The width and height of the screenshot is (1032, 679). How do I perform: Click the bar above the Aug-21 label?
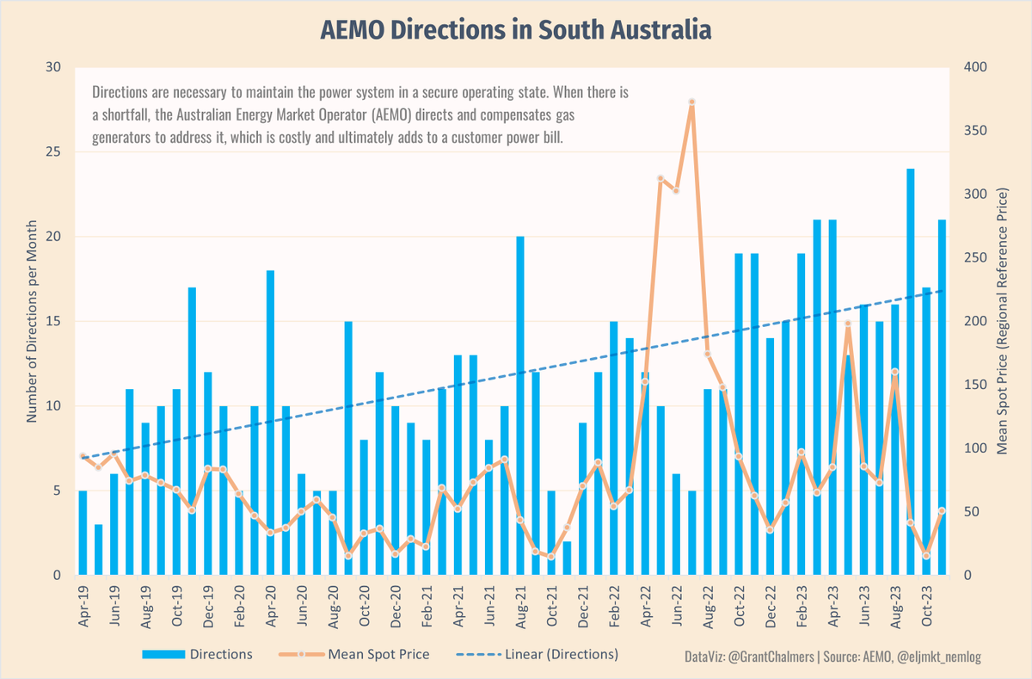coord(520,404)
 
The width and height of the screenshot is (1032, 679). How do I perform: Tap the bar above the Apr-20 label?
coord(270,422)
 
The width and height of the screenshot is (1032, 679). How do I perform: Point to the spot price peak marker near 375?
coord(691,102)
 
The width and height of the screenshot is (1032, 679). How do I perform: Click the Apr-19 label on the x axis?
coord(83,607)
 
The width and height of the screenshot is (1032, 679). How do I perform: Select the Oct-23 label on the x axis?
coord(927,607)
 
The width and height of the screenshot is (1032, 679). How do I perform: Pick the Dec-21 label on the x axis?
coord(583,607)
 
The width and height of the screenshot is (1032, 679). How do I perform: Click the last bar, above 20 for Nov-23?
coord(942,396)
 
